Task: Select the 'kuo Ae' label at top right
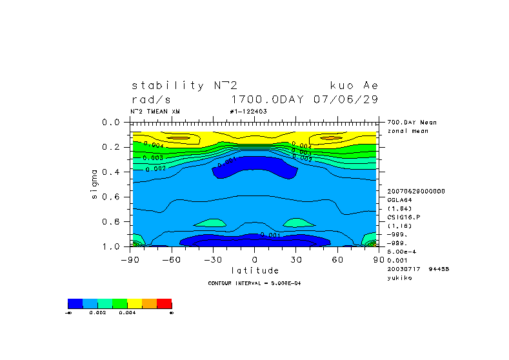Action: tap(354, 85)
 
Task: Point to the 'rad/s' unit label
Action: tap(152, 99)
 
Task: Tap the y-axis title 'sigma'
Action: tap(95, 185)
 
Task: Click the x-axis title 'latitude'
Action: tap(255, 270)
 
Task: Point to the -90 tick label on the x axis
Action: tap(130, 259)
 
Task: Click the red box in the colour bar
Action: tap(165, 303)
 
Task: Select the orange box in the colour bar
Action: tap(150, 303)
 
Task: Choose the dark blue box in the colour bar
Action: tap(75, 303)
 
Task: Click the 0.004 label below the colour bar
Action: tap(127, 312)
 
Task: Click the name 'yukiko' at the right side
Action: tap(399, 277)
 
